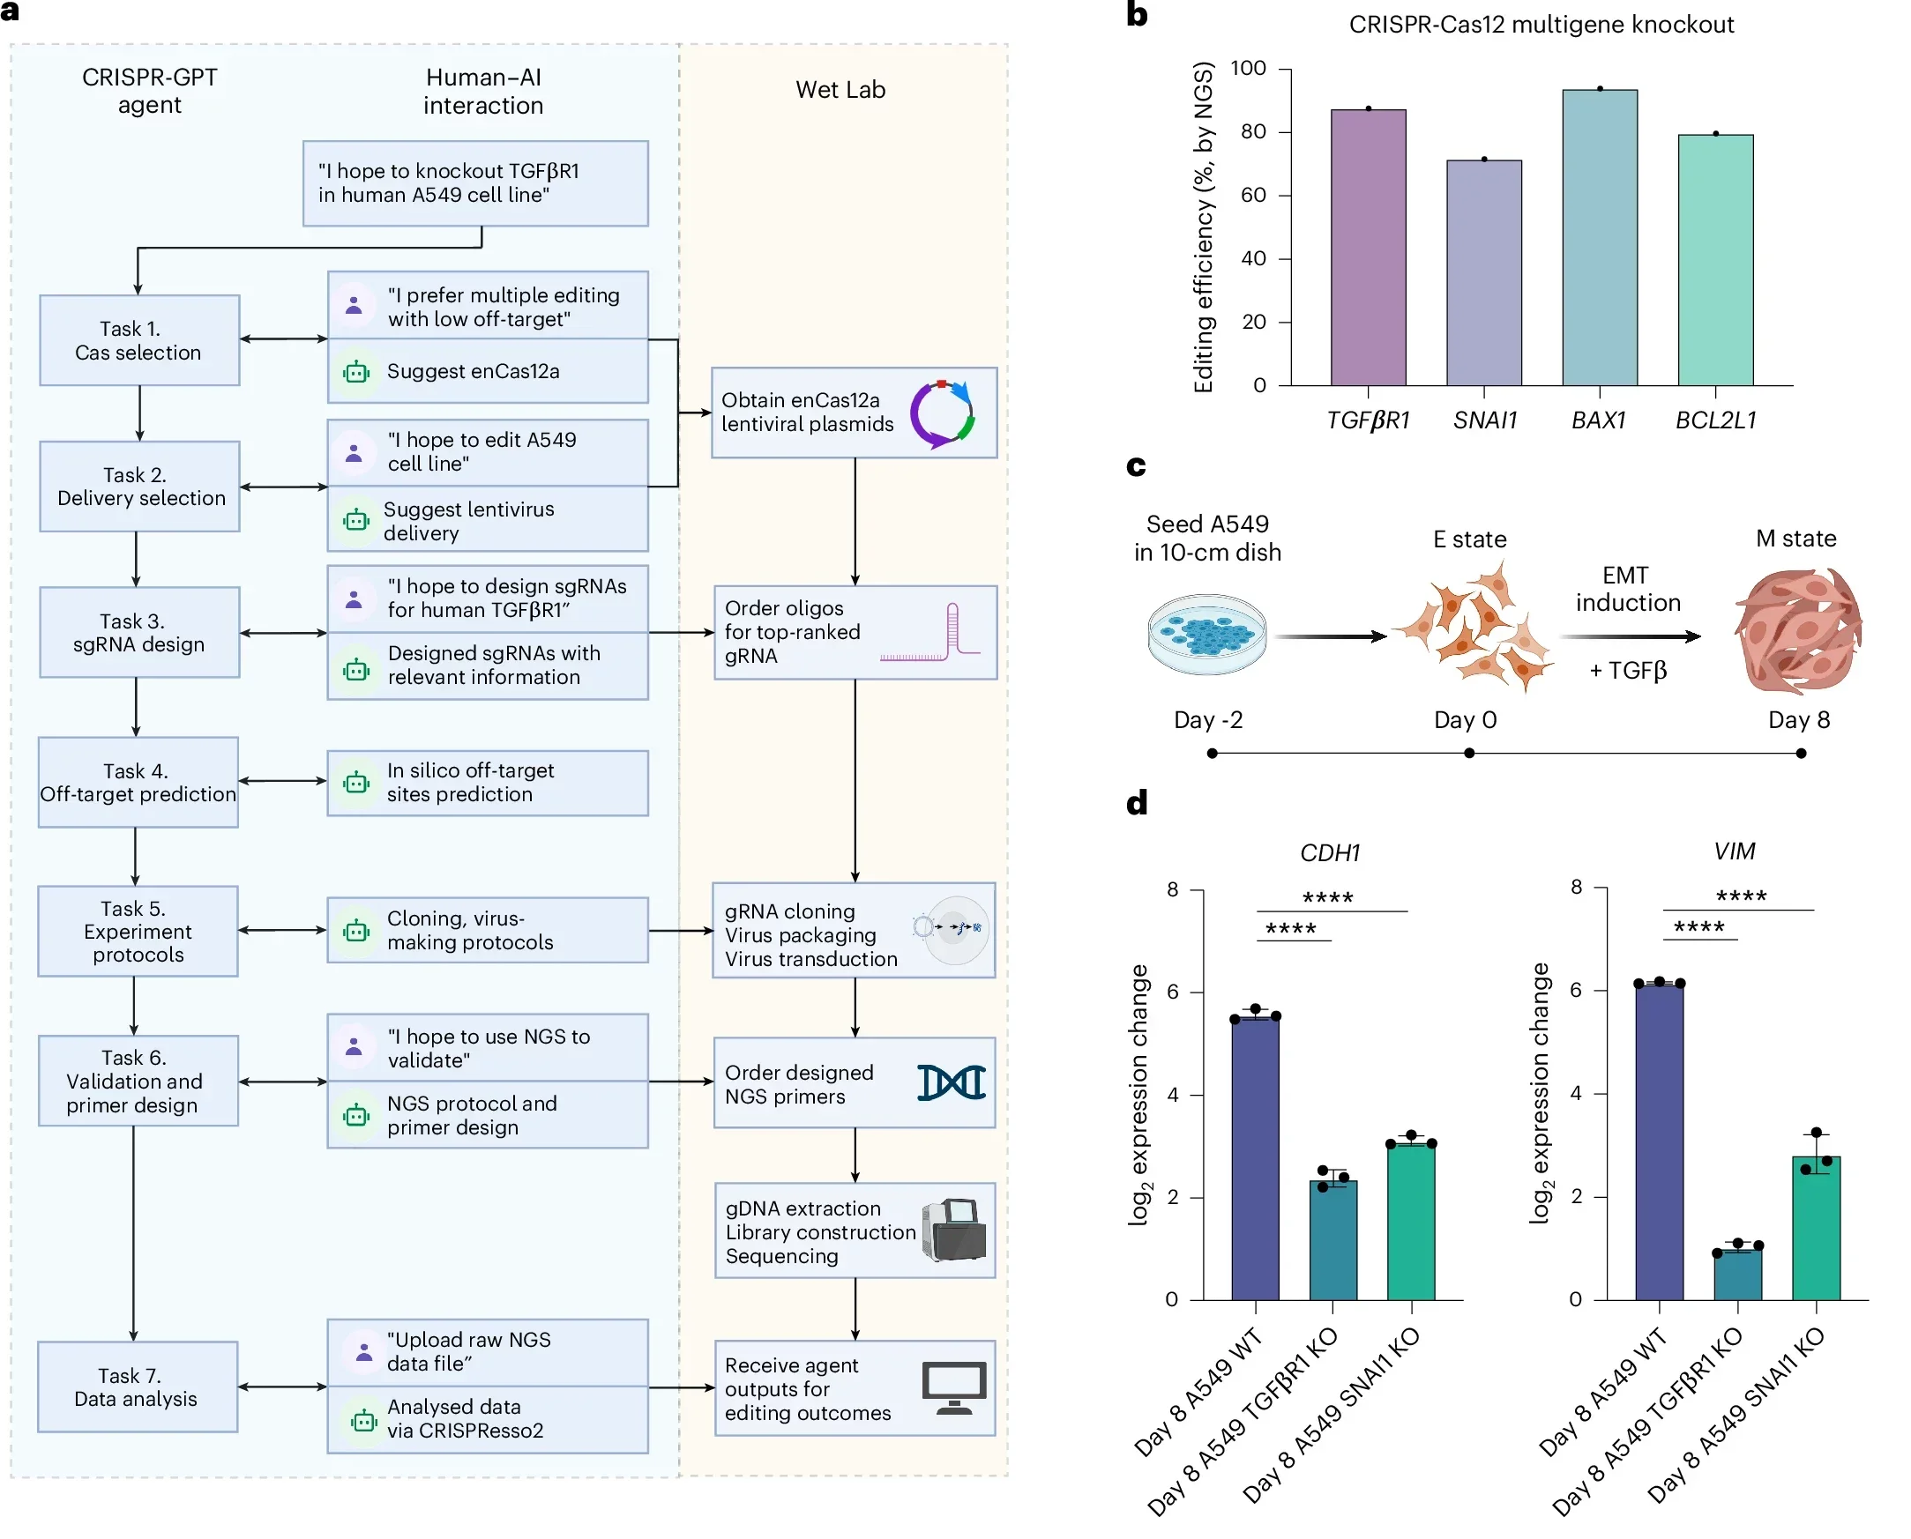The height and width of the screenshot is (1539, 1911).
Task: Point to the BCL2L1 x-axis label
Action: (1715, 420)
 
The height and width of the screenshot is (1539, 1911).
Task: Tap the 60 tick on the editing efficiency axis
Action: (1253, 195)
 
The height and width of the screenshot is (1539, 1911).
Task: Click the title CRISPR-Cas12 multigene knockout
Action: (1541, 25)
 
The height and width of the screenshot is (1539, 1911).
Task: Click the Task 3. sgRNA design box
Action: (139, 632)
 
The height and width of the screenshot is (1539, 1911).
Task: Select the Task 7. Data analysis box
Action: (138, 1387)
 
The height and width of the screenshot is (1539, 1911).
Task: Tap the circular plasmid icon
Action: (942, 414)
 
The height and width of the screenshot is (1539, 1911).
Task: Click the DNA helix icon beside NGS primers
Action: (951, 1082)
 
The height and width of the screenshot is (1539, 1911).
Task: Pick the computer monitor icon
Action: (953, 1387)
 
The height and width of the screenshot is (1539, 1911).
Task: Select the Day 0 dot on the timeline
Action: (1468, 754)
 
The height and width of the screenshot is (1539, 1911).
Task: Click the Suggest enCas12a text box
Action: (487, 371)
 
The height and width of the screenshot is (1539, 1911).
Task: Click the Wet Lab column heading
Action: (840, 90)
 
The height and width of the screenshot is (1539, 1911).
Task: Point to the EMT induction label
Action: (1627, 589)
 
